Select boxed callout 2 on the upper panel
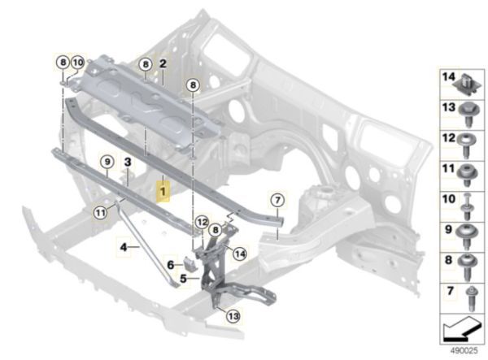pyautogui.click(x=163, y=63)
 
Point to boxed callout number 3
pyautogui.click(x=127, y=163)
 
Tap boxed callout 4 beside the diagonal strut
pyautogui.click(x=124, y=246)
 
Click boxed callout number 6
pyautogui.click(x=170, y=264)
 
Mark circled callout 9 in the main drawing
pyautogui.click(x=107, y=164)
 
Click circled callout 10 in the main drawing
pyautogui.click(x=77, y=62)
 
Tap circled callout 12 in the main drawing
pyautogui.click(x=202, y=222)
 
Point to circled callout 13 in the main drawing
pyautogui.click(x=233, y=317)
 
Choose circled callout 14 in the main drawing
pyautogui.click(x=239, y=254)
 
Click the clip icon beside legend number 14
pyautogui.click(x=469, y=82)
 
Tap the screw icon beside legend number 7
pyautogui.click(x=469, y=292)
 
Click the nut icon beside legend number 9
pyautogui.click(x=469, y=232)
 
